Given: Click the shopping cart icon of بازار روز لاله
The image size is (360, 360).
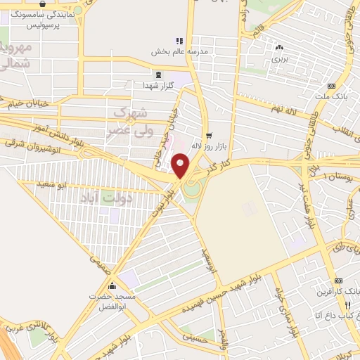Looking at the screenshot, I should [x=208, y=135].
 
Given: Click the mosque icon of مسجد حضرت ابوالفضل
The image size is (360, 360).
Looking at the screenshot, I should [x=112, y=286].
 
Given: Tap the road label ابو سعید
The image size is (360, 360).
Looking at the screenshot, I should [x=52, y=185].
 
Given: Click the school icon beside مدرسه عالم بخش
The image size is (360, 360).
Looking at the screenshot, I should [x=179, y=40].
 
